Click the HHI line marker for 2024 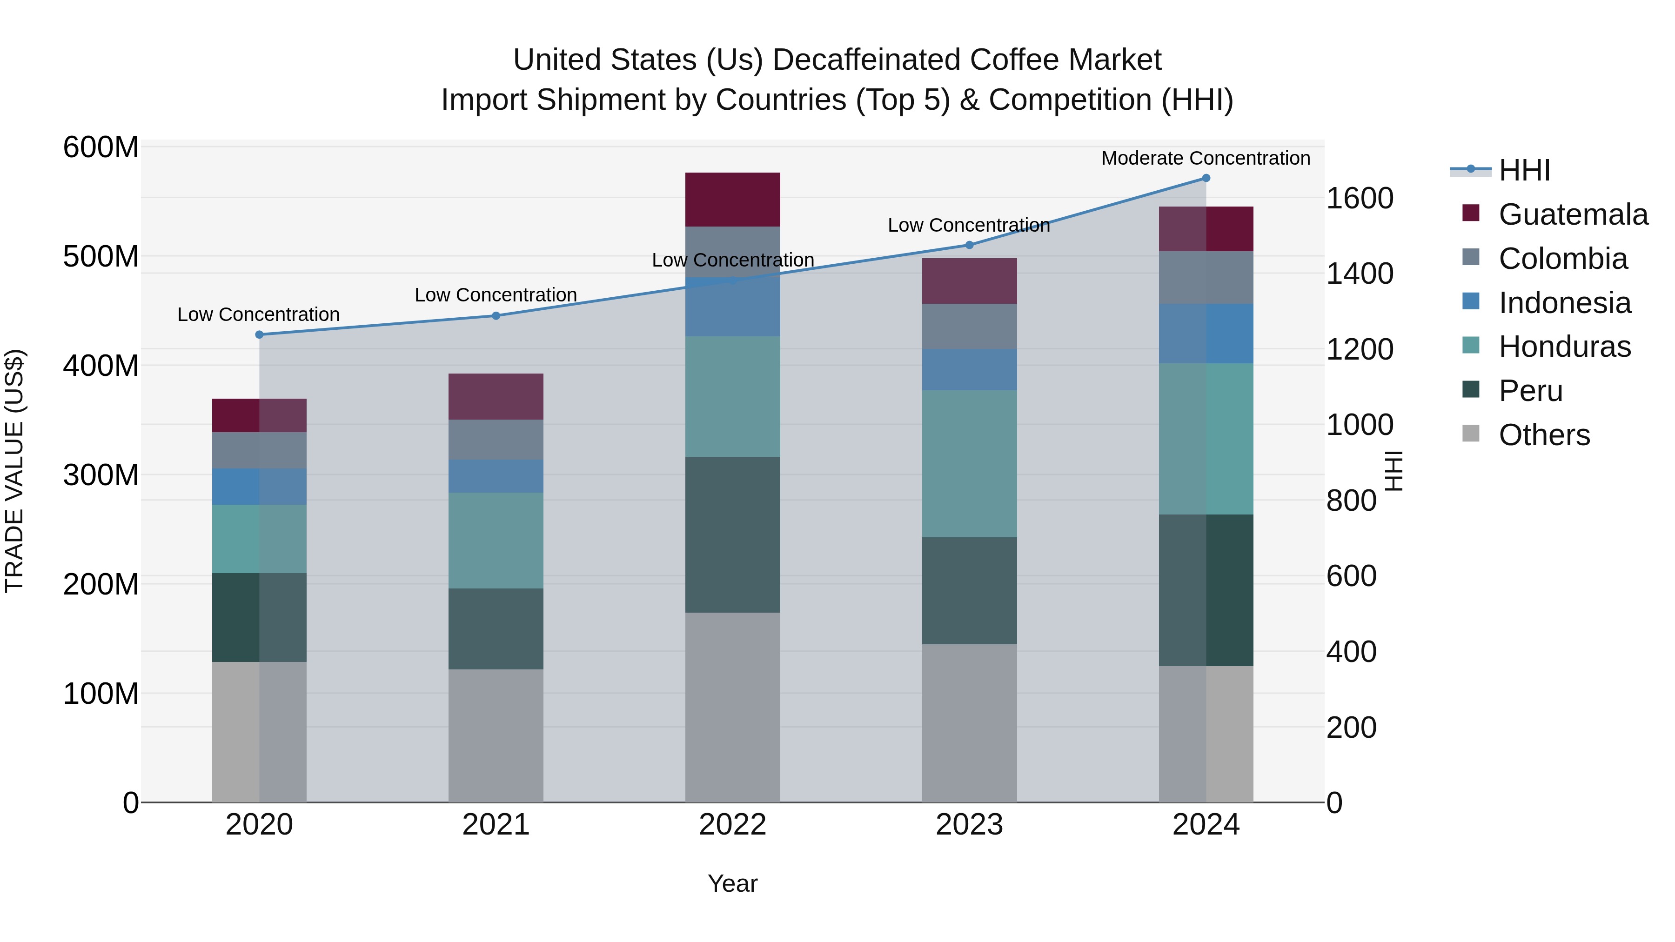pos(1206,178)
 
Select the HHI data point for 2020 pos(260,335)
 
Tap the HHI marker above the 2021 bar pos(496,316)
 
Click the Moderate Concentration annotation pos(1205,158)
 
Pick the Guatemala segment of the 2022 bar pos(732,200)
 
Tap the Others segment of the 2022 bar pos(732,707)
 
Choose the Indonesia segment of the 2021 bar pos(496,476)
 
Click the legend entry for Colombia pos(1562,259)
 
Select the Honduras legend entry pos(1564,347)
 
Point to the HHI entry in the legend pos(1524,170)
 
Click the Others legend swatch pos(1470,434)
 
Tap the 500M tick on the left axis pos(101,257)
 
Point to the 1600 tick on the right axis pos(1359,198)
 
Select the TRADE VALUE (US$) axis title pos(14,471)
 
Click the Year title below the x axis pos(732,883)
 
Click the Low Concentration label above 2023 pos(968,226)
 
